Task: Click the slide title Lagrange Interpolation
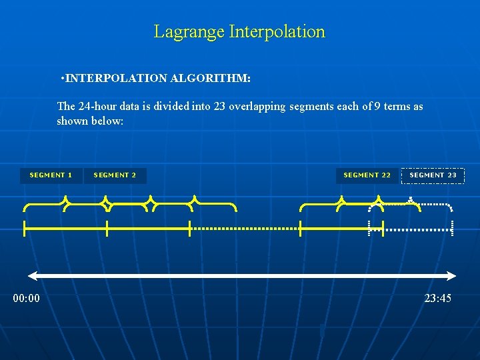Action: [239, 31]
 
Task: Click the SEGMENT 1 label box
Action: [51, 175]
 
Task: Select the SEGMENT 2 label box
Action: [115, 175]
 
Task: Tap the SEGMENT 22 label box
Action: [367, 175]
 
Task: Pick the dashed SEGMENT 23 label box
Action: [433, 175]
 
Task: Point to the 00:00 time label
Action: [27, 298]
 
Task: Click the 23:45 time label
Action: [437, 298]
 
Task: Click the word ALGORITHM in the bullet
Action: [210, 79]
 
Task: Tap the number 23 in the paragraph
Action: [219, 107]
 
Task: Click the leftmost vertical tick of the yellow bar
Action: [25, 229]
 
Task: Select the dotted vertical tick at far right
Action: [453, 227]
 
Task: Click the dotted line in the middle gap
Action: [245, 229]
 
